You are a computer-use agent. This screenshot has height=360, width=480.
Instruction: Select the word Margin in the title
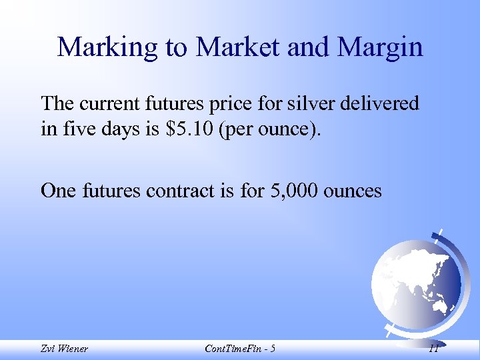pyautogui.click(x=380, y=48)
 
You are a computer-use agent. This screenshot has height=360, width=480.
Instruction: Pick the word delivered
pyautogui.click(x=381, y=103)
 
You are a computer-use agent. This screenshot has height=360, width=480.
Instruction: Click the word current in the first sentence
pyautogui.click(x=107, y=104)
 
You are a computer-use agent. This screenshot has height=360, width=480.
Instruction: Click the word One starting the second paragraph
pyautogui.click(x=59, y=191)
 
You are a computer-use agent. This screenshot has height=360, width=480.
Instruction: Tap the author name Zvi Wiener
pyautogui.click(x=64, y=348)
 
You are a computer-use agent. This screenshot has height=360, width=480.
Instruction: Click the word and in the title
pyautogui.click(x=311, y=47)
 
